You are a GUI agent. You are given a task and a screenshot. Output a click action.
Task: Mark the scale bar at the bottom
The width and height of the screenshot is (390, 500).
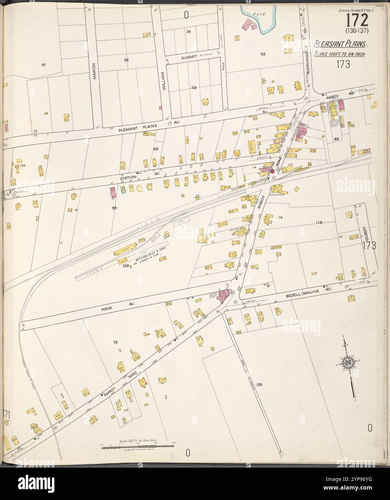coord(137,446)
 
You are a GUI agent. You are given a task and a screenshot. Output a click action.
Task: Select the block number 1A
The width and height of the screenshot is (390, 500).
coord(43,65)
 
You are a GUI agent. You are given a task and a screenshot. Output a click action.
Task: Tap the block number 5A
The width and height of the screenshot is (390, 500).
coord(263,54)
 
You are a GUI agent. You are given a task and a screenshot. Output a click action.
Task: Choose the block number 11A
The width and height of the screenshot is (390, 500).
coord(318,222)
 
